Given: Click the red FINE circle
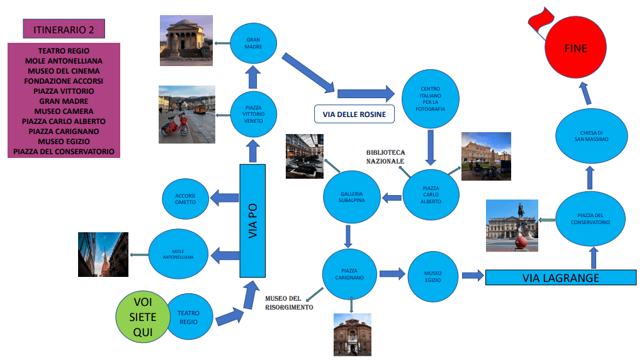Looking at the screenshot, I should pos(575,48).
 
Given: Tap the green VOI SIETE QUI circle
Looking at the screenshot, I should pos(143,317).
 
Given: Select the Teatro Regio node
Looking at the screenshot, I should pos(188,317).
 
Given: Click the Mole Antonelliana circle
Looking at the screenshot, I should pos(178,254).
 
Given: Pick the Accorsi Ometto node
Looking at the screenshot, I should pos(186,199).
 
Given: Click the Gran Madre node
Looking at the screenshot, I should pos(254,43).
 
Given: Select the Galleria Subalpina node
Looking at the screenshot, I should pos(352,197).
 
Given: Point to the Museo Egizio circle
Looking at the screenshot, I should pos(433,276).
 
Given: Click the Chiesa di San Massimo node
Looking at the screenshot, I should pos(591,136).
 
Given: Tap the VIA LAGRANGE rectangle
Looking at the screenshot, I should pos(561,277).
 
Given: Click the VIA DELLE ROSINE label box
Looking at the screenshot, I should pos(354,114).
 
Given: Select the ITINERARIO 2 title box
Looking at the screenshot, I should pos(63,28).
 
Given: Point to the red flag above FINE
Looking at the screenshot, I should pos(538,19).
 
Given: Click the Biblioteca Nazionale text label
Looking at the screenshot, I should pos(386,157).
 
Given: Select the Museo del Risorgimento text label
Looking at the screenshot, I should pos(289,303).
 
